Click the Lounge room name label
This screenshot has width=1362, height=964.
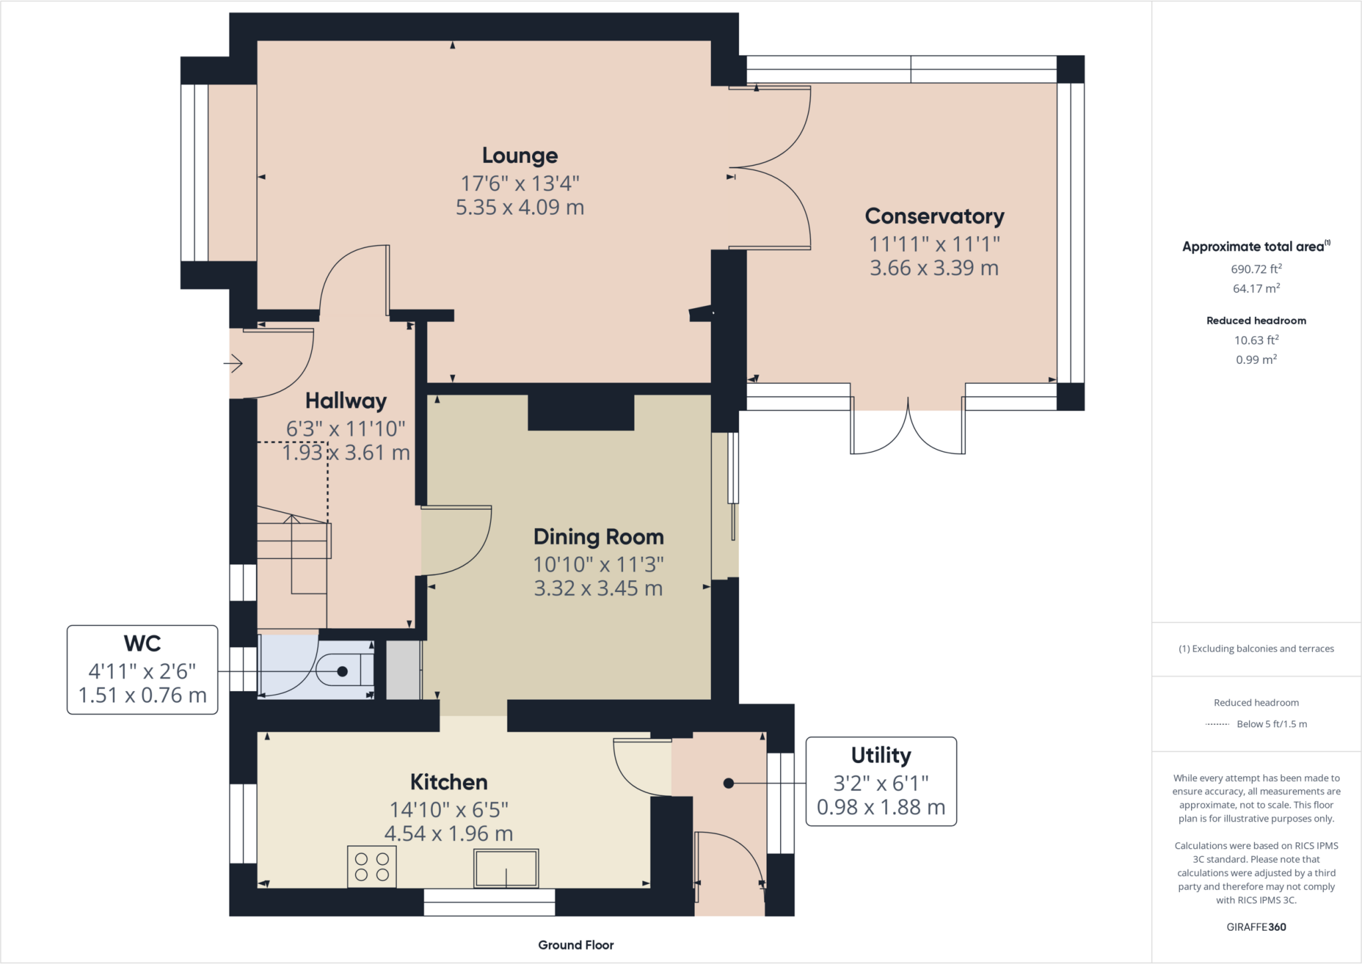tap(519, 156)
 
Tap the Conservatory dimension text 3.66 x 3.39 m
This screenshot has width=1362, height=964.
tap(934, 268)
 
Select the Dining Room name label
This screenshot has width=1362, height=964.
tap(599, 537)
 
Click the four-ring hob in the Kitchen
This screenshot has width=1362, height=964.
tap(372, 867)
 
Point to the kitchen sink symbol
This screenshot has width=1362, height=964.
tap(506, 868)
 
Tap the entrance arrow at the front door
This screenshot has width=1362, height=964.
tap(233, 363)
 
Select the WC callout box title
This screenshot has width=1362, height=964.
tap(142, 643)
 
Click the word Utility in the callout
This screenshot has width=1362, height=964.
tap(881, 755)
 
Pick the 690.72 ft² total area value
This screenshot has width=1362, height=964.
tap(1256, 269)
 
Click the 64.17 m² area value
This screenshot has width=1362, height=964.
tap(1256, 288)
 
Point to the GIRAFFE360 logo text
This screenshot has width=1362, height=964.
tap(1256, 927)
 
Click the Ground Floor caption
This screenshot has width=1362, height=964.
tap(575, 945)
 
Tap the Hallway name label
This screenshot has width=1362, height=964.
tap(346, 401)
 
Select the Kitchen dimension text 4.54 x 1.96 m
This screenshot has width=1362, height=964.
tap(448, 834)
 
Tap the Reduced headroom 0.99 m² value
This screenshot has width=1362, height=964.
tap(1256, 360)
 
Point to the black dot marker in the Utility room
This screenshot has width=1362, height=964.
tap(728, 783)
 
